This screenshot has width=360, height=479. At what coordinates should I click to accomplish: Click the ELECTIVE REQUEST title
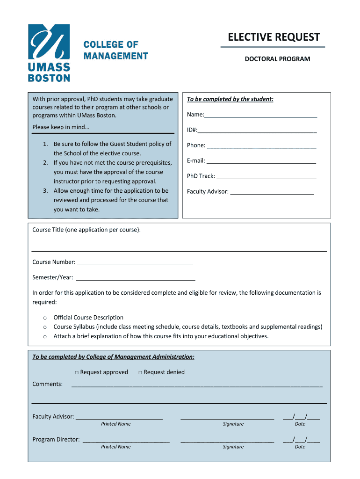click(274, 37)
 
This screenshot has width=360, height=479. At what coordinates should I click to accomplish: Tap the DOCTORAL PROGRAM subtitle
click(277, 59)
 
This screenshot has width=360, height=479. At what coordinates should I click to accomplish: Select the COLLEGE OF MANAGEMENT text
click(115, 51)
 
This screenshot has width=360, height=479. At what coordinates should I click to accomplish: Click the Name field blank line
click(261, 116)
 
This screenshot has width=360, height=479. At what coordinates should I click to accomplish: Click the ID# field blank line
click(257, 131)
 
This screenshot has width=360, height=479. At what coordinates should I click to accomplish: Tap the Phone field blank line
click(261, 146)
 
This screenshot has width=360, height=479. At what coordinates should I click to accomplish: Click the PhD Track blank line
click(266, 177)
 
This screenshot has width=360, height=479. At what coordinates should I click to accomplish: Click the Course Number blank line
click(135, 263)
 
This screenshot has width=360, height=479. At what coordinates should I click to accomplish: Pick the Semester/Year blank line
click(136, 279)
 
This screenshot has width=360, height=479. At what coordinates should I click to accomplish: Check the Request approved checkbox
click(76, 372)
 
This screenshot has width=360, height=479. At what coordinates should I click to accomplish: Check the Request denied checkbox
click(140, 372)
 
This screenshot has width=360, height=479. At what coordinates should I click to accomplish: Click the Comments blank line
click(196, 385)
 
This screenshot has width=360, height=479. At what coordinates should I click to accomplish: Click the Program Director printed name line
click(126, 441)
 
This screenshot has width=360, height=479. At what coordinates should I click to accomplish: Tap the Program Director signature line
click(227, 441)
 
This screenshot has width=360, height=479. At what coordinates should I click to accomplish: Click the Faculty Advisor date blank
click(301, 417)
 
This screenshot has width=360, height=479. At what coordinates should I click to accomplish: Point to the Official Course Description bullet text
click(88, 318)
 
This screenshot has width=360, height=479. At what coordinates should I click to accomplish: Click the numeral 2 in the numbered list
click(45, 163)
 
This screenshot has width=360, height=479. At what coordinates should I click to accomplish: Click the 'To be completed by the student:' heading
click(230, 99)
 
